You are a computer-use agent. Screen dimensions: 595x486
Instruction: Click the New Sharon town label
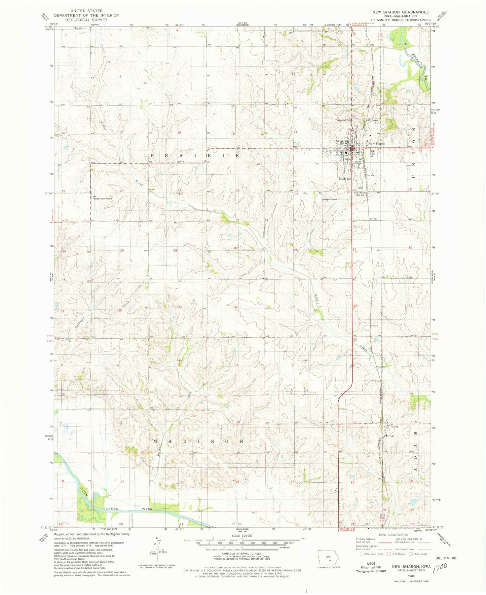click(x=377, y=144)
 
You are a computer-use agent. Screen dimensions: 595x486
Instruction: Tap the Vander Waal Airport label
click(x=103, y=199)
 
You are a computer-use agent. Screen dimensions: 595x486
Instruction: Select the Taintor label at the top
click(x=79, y=29)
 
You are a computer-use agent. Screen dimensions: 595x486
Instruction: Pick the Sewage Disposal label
click(x=329, y=199)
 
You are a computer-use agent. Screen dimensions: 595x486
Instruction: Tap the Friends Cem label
click(x=345, y=179)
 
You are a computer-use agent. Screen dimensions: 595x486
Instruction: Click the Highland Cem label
click(x=344, y=120)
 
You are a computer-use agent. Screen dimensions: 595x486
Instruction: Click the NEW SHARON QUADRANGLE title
click(x=400, y=12)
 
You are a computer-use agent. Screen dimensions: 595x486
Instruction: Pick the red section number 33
click(x=180, y=307)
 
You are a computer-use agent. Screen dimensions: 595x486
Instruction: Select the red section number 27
click(x=236, y=248)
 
